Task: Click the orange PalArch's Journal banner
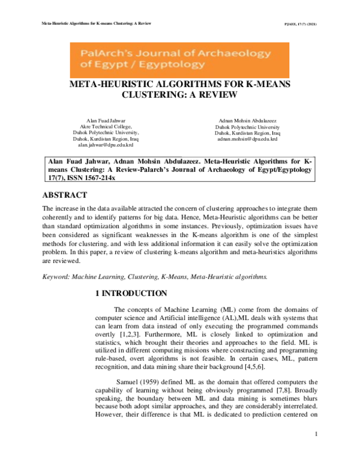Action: pyautogui.click(x=179, y=59)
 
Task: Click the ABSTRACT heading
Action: pyautogui.click(x=65, y=195)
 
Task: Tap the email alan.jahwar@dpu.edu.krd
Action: pyautogui.click(x=106, y=145)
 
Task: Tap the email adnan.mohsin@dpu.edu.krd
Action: pyautogui.click(x=247, y=139)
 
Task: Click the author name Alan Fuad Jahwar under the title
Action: pyautogui.click(x=106, y=121)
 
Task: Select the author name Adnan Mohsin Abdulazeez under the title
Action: pyautogui.click(x=247, y=121)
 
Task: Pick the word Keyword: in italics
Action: pyautogui.click(x=55, y=277)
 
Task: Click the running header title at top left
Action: pyautogui.click(x=88, y=24)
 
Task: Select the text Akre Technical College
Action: pyautogui.click(x=106, y=127)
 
